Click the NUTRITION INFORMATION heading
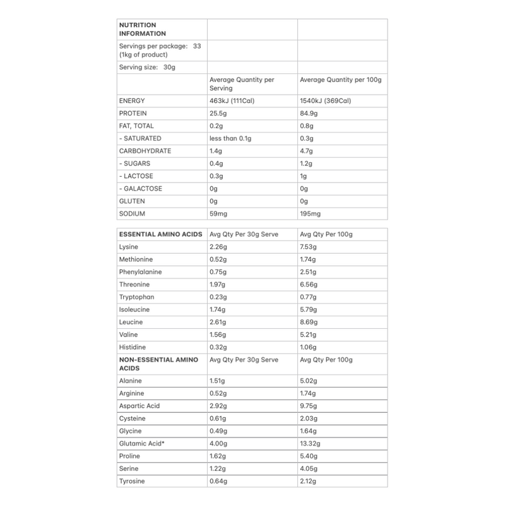pyautogui.click(x=143, y=29)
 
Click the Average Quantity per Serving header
pyautogui.click(x=242, y=84)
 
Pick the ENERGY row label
pyautogui.click(x=132, y=101)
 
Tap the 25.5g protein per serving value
pyautogui.click(x=219, y=114)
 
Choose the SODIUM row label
pyautogui.click(x=132, y=213)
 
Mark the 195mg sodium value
pyautogui.click(x=311, y=213)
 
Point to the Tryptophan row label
pyautogui.click(x=136, y=297)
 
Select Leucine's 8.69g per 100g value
pyautogui.click(x=309, y=322)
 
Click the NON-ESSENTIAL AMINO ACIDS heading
pyautogui.click(x=158, y=364)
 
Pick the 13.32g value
pyautogui.click(x=311, y=443)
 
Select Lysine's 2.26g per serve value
pyautogui.click(x=219, y=247)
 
